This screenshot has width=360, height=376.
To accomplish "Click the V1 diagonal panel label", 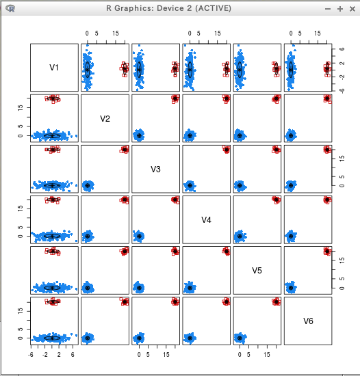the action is pyautogui.click(x=54, y=68).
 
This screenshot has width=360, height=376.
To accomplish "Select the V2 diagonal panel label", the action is pyautogui.click(x=105, y=119).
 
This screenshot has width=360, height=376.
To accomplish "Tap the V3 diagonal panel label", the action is pyautogui.click(x=155, y=170).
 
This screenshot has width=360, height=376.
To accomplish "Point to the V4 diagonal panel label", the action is pyautogui.click(x=206, y=220).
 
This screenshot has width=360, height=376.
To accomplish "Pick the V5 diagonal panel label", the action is pyautogui.click(x=257, y=271).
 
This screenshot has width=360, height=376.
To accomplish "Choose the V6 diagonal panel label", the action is pyautogui.click(x=308, y=321).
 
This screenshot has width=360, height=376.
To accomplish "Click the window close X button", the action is pyautogui.click(x=352, y=9).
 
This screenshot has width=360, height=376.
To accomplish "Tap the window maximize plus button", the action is pyautogui.click(x=340, y=9).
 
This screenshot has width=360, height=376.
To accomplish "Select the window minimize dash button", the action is pyautogui.click(x=328, y=9).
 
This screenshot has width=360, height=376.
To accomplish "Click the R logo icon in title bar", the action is pyautogui.click(x=10, y=9).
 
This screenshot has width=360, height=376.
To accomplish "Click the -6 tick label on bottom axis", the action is pyautogui.click(x=31, y=354).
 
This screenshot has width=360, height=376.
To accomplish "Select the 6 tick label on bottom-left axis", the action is pyautogui.click(x=73, y=354).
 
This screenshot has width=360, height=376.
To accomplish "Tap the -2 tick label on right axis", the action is pyautogui.click(x=342, y=77).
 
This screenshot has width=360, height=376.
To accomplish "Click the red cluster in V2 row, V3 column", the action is pyautogui.click(x=175, y=99).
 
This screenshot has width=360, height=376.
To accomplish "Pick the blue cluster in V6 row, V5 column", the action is pyautogui.click(x=240, y=338).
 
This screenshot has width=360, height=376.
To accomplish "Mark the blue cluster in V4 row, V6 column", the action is pyautogui.click(x=291, y=236).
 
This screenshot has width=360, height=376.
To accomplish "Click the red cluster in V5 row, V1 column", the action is pyautogui.click(x=53, y=252).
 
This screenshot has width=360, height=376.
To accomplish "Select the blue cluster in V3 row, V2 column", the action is pyautogui.click(x=88, y=185).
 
